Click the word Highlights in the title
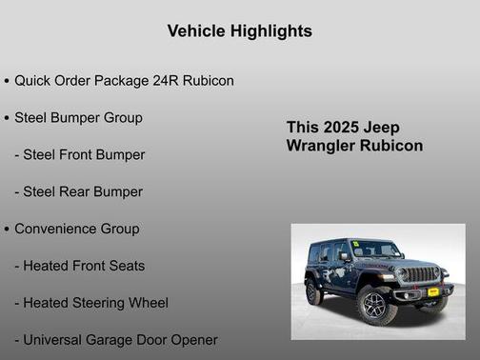[x=271, y=31]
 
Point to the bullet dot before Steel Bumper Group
[x=7, y=118]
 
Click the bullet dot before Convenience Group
[x=7, y=230]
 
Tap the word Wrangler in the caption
[x=319, y=146]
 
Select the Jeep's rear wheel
[x=313, y=291]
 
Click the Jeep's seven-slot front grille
[x=419, y=274]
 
